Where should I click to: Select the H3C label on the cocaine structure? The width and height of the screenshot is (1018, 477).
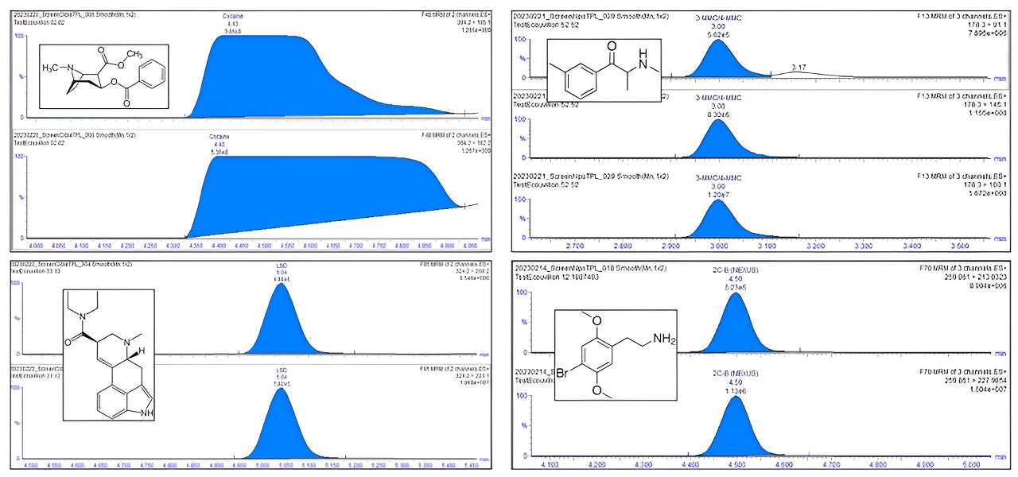(x=54, y=67)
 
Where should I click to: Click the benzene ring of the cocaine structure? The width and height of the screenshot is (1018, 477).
(x=151, y=76)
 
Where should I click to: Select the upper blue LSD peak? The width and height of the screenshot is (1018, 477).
(x=280, y=322)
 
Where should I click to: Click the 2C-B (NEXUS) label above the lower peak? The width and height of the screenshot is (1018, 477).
(x=736, y=374)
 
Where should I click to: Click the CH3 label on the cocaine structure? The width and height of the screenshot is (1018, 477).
(x=134, y=55)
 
